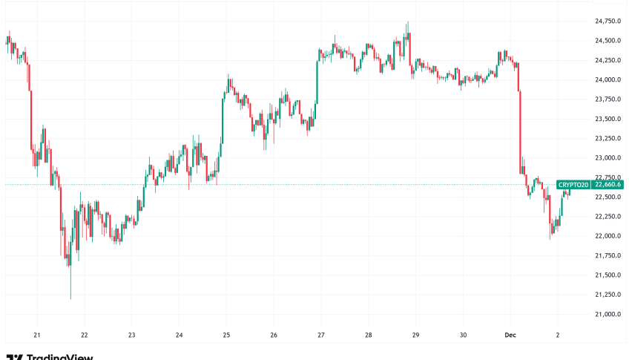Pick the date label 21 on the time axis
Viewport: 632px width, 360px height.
36,335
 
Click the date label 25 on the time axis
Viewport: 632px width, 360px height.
226,335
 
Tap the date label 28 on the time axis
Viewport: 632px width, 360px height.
369,335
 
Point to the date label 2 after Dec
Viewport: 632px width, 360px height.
559,335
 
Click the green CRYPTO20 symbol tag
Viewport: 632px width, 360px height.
573,185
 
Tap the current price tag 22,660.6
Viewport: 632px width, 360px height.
608,185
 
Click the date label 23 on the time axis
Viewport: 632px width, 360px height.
131,335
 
